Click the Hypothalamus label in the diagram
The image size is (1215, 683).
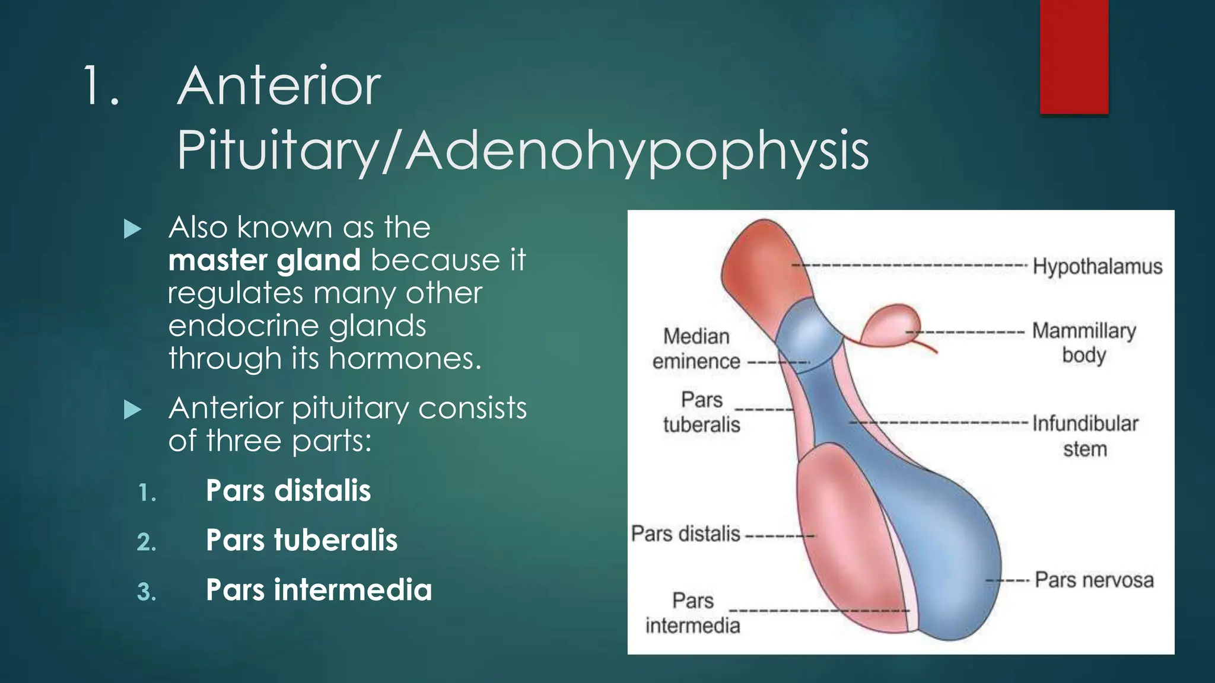1097,266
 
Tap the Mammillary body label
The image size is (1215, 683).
1084,342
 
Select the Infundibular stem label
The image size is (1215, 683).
1085,436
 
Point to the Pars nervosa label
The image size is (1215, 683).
1094,580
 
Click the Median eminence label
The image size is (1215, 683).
696,349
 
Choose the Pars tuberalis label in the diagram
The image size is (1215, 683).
702,411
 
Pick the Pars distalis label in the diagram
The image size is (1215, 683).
685,534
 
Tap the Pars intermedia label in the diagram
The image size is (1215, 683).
693,613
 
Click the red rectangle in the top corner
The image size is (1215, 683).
1074,57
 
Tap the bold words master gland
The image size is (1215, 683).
264,260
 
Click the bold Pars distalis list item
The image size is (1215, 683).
288,491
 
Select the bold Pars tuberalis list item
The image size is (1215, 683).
301,540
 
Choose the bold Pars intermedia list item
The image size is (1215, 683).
319,590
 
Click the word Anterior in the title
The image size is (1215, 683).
278,86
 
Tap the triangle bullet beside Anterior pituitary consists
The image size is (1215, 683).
133,409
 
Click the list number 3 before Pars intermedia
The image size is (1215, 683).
146,592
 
